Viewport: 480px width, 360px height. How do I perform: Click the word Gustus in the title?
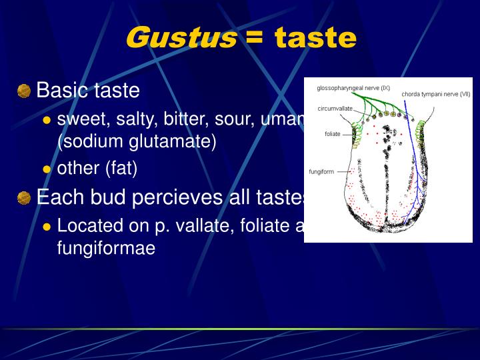coord(181,38)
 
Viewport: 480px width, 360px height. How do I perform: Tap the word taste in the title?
coord(315,38)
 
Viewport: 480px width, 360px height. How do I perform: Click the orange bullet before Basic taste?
coord(24,91)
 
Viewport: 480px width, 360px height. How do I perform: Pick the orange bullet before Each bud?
coord(24,198)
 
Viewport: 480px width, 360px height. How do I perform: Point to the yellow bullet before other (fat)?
coord(47,169)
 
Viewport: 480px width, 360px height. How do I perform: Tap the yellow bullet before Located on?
coord(47,227)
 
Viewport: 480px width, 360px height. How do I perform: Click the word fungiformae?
coord(106,248)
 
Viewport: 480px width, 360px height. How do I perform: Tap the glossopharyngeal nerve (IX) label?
coord(353,87)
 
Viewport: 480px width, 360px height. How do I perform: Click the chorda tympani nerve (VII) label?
coord(436,94)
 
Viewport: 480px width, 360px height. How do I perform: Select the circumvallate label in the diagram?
coord(335,108)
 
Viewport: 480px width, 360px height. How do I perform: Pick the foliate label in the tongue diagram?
coord(333,134)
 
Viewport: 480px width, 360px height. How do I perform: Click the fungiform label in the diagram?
coord(323,171)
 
